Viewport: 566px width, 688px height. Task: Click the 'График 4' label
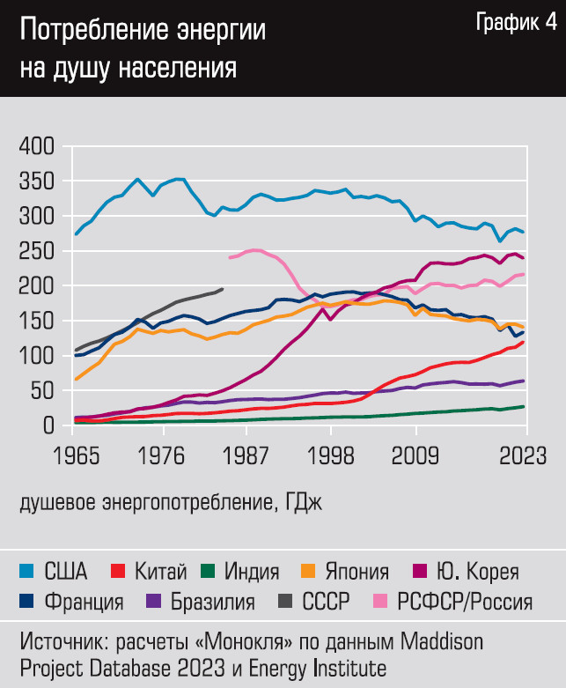(516, 24)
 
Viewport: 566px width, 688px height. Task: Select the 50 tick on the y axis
(42, 391)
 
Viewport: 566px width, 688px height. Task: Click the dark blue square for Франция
(26, 603)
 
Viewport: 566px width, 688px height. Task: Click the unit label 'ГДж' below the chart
(311, 503)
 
